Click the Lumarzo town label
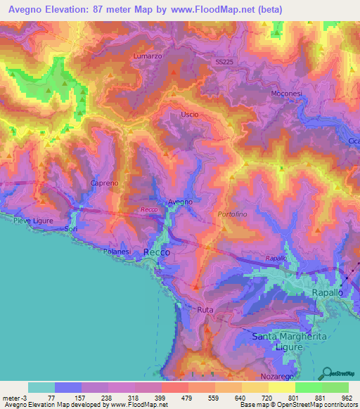click(x=148, y=54)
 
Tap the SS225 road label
click(x=224, y=62)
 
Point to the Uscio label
click(x=190, y=115)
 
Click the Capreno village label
click(x=104, y=183)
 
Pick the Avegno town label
click(x=179, y=202)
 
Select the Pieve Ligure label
click(x=34, y=220)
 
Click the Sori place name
click(x=70, y=229)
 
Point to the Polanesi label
click(x=117, y=251)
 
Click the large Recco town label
click(x=156, y=252)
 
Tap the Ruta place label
click(x=205, y=309)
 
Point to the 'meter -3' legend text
click(x=13, y=398)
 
